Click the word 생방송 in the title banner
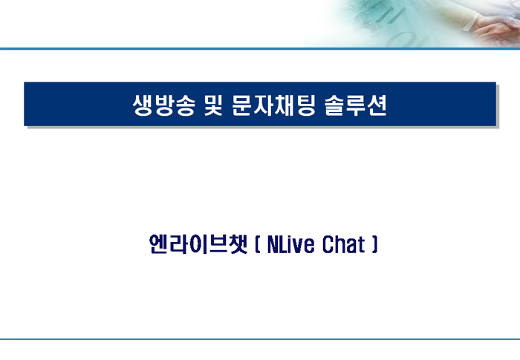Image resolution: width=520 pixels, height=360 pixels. point(164,105)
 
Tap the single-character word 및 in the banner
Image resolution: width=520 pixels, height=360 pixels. point(213,105)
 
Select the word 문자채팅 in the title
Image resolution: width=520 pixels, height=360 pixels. point(273,105)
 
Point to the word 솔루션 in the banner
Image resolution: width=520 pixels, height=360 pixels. point(356,105)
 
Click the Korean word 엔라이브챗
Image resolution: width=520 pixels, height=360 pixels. point(198,244)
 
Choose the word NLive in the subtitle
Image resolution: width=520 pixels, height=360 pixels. point(290,245)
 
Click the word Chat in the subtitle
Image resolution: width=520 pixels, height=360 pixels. point(343,245)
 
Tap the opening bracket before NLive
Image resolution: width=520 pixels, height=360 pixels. point(258,245)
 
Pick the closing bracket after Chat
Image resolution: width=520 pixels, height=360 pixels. point(374,245)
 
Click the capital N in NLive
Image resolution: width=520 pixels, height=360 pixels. point(273,245)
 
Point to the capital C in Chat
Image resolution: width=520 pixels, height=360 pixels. point(328,245)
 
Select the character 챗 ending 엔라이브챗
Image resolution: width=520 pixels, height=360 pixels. point(238,244)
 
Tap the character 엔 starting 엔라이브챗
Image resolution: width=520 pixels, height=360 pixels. point(158,244)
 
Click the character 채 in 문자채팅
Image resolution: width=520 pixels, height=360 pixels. point(285,105)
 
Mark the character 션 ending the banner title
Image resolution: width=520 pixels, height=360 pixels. point(377,105)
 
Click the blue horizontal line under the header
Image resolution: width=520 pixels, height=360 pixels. point(260,49)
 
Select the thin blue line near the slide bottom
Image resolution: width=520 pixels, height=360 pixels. point(260,339)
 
